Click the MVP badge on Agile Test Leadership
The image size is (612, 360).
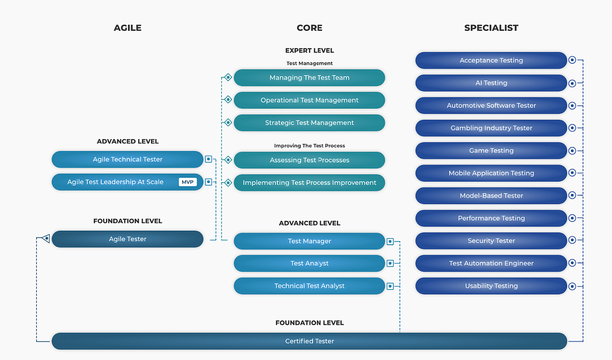coord(188,182)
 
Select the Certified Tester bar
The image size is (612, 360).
coord(309,341)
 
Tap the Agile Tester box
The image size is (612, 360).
coord(127,239)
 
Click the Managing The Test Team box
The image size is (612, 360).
coord(309,78)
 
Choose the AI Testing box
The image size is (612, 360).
coord(491,83)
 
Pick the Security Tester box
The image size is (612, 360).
coord(491,241)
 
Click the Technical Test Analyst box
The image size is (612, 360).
coord(309,286)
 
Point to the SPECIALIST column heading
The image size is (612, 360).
coord(491,28)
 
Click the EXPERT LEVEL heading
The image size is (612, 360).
coord(309,50)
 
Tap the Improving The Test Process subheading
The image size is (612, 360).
coord(309,146)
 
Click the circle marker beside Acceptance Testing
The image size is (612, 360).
coord(572,60)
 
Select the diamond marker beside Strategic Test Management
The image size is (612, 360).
coord(228,122)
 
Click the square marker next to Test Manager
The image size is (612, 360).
coord(390,242)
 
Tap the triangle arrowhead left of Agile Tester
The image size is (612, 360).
coord(45,239)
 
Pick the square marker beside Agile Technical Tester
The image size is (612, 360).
coord(209,159)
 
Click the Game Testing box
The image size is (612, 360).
coord(491,150)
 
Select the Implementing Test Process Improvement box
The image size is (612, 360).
coord(309,183)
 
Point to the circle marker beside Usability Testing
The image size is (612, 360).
coord(572,286)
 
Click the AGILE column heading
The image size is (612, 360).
coord(127,28)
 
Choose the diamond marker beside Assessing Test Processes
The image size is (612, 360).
coord(228,160)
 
